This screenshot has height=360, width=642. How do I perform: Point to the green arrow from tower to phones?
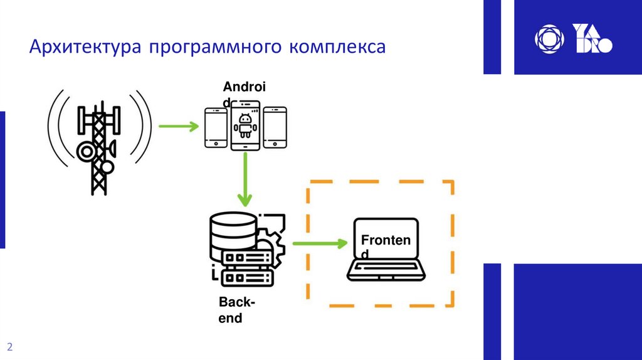178,127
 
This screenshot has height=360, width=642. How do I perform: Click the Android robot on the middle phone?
245,125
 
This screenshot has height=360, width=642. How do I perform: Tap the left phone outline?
216,127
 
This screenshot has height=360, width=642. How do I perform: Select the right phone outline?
275,127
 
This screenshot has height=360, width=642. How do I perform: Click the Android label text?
244,88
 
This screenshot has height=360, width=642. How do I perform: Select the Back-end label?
236,310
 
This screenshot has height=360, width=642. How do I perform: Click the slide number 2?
10,347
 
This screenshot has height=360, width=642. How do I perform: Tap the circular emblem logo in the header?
549,39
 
